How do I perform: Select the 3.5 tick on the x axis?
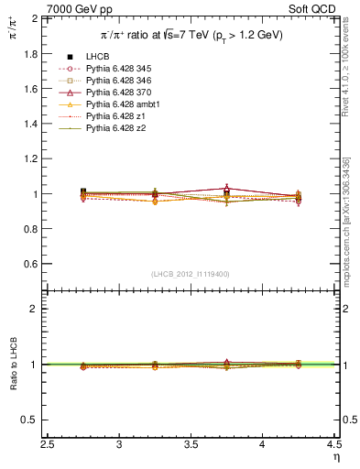191,441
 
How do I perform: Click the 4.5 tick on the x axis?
333,441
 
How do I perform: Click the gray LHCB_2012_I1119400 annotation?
191,274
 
